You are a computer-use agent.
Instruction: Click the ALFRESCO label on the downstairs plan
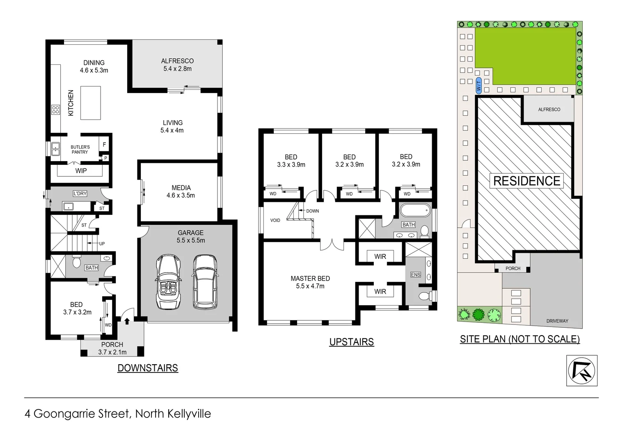[x=177, y=61]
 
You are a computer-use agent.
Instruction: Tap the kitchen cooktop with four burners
[x=56, y=110]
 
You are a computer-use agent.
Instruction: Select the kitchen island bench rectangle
[x=91, y=103]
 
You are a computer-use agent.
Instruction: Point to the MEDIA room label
[x=181, y=188]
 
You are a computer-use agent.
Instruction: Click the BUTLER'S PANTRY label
[x=80, y=149]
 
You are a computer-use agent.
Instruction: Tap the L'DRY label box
[x=80, y=194]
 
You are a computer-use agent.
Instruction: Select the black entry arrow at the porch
[x=127, y=321]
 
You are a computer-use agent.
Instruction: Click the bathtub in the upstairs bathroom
[x=415, y=211]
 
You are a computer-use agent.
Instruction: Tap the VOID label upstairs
[x=275, y=220]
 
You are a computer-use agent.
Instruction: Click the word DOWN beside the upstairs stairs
[x=312, y=211]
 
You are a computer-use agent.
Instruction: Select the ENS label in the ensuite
[x=416, y=274]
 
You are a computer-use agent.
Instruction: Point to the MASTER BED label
[x=310, y=279]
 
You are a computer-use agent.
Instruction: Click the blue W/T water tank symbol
[x=478, y=85]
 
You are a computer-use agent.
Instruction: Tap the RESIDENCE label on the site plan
[x=526, y=181]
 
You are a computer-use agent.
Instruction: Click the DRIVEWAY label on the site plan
[x=557, y=321]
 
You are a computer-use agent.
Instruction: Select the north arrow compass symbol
[x=581, y=370]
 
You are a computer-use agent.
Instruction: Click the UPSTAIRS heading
[x=351, y=342]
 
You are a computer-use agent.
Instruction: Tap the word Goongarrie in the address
[x=81, y=414]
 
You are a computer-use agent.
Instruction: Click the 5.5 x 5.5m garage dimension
[x=191, y=240]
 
